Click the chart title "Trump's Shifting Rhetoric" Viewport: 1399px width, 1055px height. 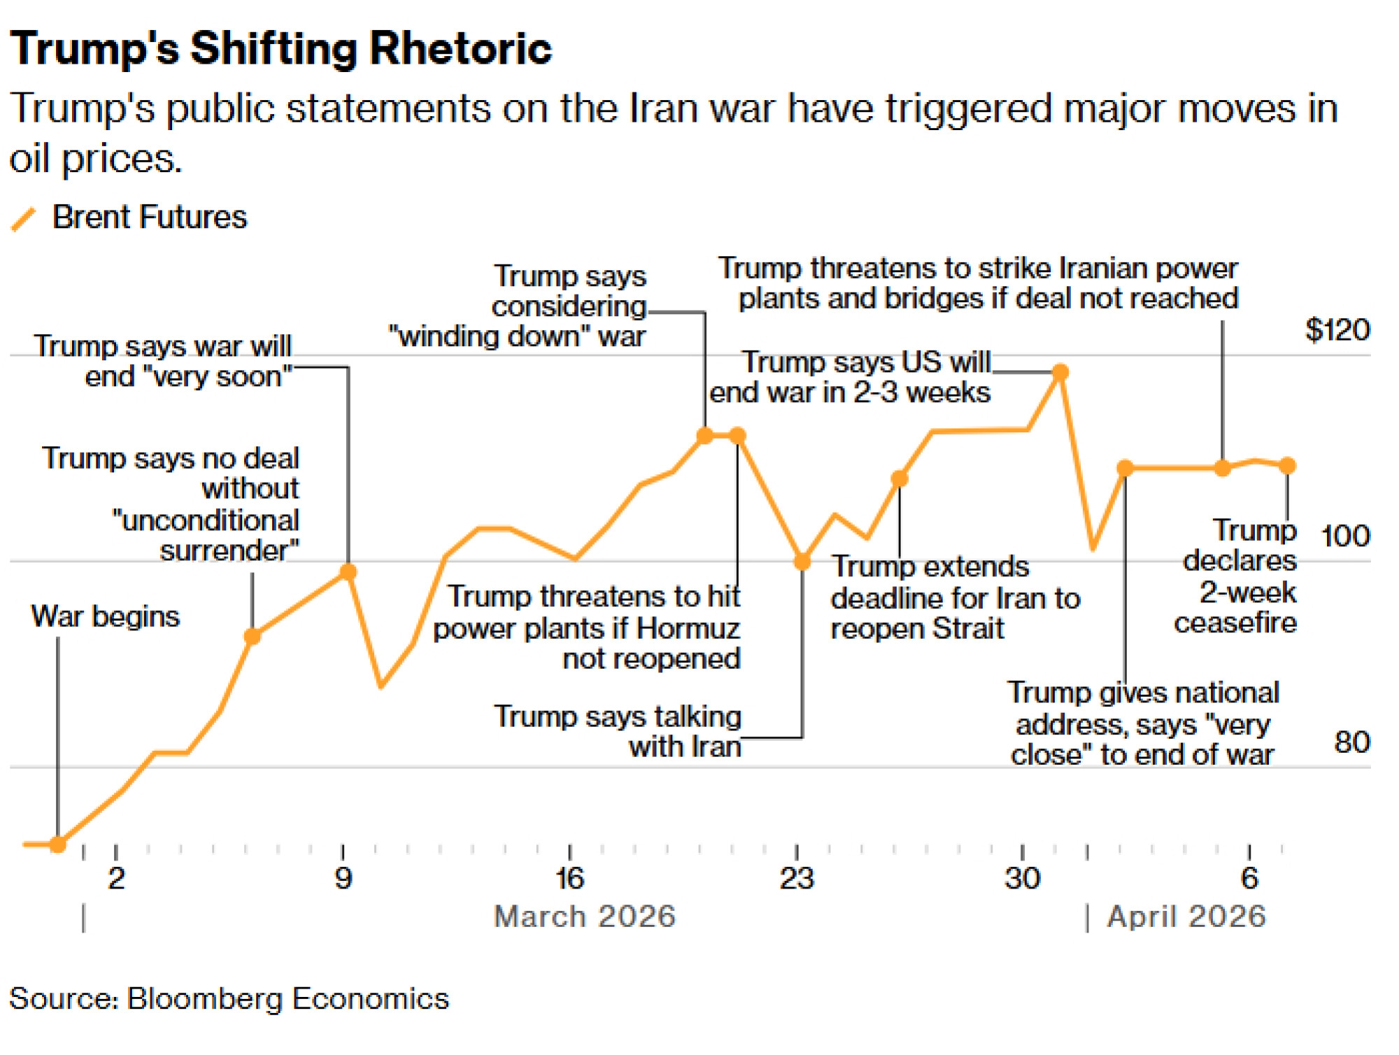[x=280, y=49]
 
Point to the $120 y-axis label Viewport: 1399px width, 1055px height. [x=1337, y=330]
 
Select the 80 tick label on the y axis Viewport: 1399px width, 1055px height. [x=1351, y=742]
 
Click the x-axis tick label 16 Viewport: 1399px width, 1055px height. [x=569, y=878]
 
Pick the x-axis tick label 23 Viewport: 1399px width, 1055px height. [x=797, y=878]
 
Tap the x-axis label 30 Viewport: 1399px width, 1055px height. [x=1022, y=878]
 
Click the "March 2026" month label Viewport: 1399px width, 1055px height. [x=585, y=916]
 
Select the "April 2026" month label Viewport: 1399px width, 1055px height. [x=1186, y=916]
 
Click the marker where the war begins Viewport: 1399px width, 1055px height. [x=58, y=844]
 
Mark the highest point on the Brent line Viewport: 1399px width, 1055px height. [x=1060, y=371]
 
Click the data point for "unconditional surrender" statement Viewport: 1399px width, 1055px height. [x=253, y=636]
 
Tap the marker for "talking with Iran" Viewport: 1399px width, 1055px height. [x=802, y=561]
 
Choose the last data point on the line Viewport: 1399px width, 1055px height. [x=1287, y=465]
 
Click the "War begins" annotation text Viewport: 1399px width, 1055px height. [x=106, y=616]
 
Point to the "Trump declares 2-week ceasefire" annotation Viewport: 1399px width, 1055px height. [x=1237, y=576]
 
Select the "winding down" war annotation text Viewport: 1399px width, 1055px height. [x=518, y=306]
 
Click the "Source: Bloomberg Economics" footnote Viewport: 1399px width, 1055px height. [x=229, y=998]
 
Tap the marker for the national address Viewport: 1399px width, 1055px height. [x=1125, y=468]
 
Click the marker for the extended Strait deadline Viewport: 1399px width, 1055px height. [x=900, y=479]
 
